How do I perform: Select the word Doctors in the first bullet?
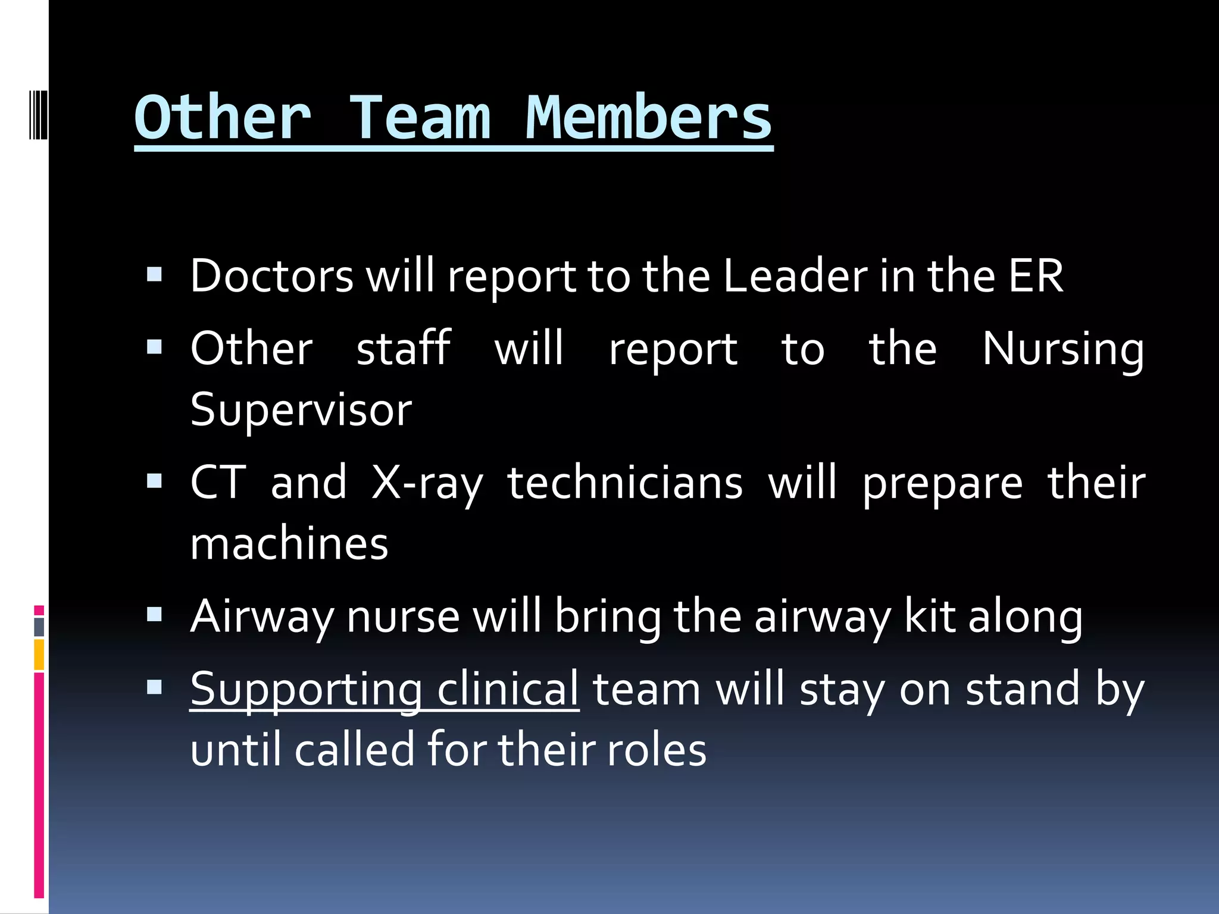pos(272,276)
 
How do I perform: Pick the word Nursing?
pos(1062,350)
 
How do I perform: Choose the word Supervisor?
pos(301,411)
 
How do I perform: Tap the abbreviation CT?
pos(218,483)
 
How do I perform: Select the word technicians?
pos(625,483)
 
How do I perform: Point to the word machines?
pos(289,544)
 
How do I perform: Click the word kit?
pos(930,616)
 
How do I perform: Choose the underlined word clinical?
pos(508,689)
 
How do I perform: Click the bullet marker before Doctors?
pos(154,274)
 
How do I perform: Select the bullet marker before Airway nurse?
pos(154,614)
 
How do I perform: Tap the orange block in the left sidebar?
pos(39,655)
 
